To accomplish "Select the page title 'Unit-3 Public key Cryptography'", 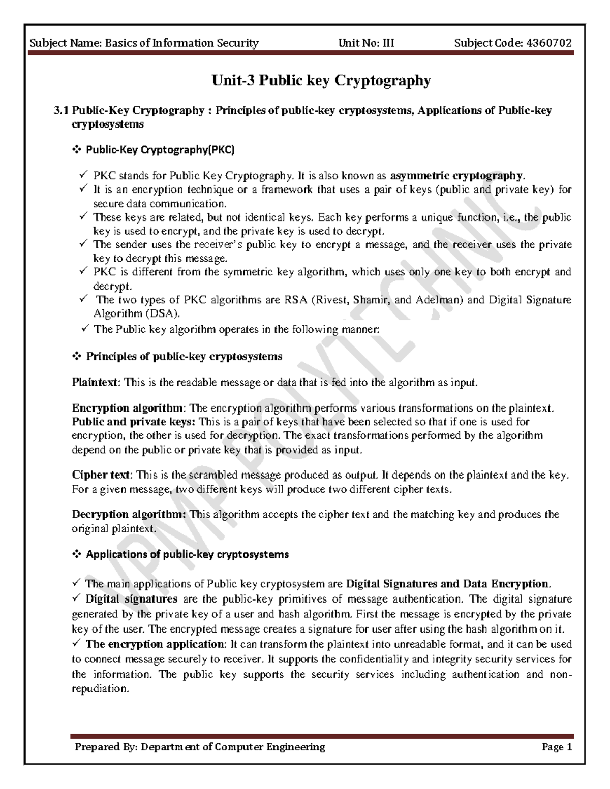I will [321, 81].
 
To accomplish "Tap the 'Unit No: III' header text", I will [366, 43].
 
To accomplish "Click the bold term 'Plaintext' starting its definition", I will [95, 382].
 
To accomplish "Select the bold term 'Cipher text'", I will [101, 475].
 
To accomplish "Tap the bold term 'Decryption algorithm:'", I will [129, 514].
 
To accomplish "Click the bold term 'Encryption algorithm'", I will [128, 408].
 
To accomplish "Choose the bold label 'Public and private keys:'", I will [133, 422].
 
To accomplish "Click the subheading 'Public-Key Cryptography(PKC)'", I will [160, 150].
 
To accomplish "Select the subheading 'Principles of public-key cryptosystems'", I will [184, 356].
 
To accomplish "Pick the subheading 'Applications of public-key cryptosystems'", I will [187, 554].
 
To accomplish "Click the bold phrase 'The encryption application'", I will [155, 644].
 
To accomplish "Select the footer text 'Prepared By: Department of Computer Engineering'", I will [200, 747].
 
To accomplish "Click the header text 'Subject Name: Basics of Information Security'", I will [144, 43].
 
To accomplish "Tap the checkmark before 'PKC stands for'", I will [84, 176].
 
